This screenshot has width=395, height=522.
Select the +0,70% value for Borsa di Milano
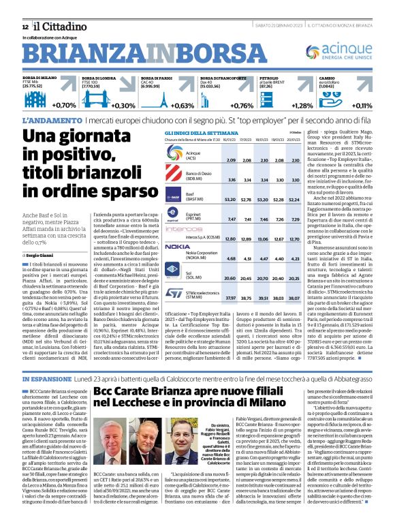pyautogui.click(x=63, y=106)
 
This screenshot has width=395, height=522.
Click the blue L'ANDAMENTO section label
pyautogui.click(x=44, y=120)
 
